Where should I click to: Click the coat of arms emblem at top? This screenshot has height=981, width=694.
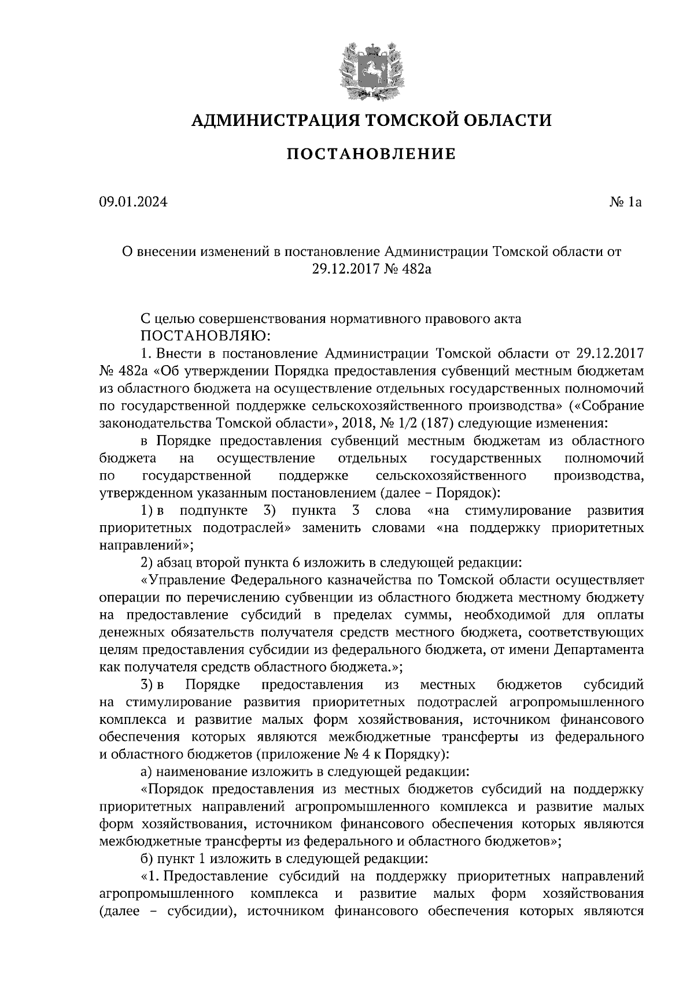tap(371, 69)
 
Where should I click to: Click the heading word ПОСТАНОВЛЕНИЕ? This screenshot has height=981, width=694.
tap(371, 154)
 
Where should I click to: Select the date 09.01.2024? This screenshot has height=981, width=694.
tap(133, 202)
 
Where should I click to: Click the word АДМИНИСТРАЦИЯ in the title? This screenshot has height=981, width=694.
tap(268, 120)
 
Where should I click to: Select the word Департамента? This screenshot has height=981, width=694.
tap(599, 650)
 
